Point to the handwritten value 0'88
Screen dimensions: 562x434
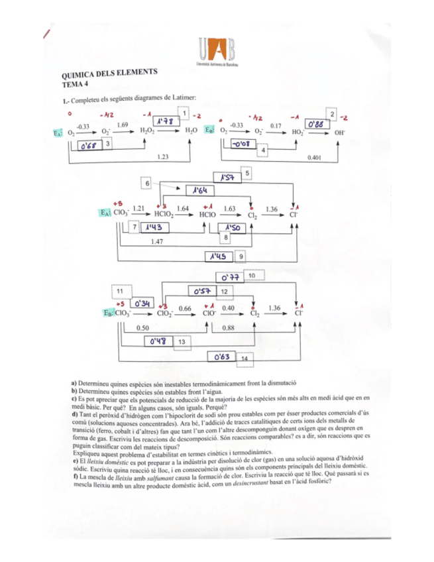click(318, 123)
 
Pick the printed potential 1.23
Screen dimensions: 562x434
click(162, 157)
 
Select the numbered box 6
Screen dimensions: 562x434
click(147, 182)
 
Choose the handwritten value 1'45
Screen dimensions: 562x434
click(217, 256)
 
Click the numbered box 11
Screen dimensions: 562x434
click(120, 290)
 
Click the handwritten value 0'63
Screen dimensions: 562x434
click(221, 357)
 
